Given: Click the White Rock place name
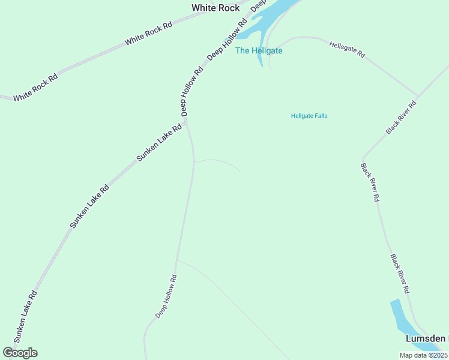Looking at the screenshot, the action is point(215,8).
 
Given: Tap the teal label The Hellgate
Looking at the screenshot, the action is point(258,50).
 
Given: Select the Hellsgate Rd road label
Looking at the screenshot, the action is point(347,49).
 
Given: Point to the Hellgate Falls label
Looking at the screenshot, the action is point(309,116).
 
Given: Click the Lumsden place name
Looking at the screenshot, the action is point(425,338).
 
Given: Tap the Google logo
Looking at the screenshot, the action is point(20,353).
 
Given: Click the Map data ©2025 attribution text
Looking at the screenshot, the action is point(423,355).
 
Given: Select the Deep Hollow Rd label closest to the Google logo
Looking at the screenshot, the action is point(166,296).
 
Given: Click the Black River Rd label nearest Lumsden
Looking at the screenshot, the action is point(399,274).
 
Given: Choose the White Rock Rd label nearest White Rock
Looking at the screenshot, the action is point(148,34).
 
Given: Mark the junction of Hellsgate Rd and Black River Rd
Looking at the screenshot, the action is point(417,95).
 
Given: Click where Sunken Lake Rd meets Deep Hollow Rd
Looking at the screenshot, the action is point(187,122).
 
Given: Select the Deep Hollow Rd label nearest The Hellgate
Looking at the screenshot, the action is point(227,40).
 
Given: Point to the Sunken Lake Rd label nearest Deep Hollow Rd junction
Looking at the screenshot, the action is point(159,143).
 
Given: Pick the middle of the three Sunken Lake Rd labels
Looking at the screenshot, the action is point(89,206).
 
